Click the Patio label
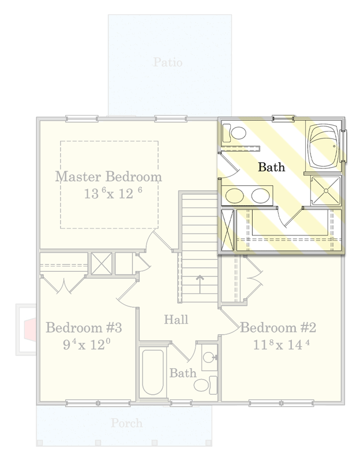(168, 62)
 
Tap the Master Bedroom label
(108, 177)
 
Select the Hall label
(176, 319)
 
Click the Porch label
(127, 423)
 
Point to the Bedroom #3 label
(84, 328)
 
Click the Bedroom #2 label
(278, 328)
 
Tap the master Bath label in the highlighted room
(272, 167)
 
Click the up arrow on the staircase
(200, 284)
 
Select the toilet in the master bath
(234, 133)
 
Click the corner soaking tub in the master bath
(323, 147)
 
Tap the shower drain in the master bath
(326, 190)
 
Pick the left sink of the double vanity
(234, 196)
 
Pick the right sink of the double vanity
(260, 196)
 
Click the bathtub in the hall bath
(152, 373)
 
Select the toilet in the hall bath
(205, 385)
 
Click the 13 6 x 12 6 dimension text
(113, 193)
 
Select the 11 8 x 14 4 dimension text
(281, 344)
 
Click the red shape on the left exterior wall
(30, 329)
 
